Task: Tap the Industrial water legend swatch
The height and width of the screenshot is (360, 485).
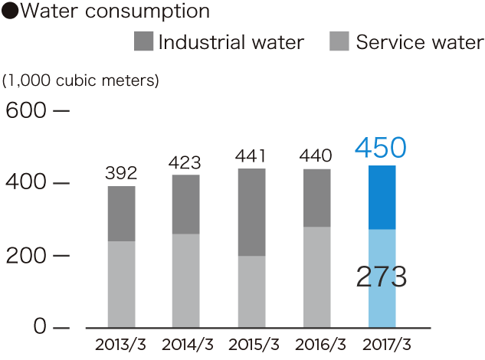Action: point(143,42)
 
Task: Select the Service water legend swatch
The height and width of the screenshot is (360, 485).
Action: point(340,42)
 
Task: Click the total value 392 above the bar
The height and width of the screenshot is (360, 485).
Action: point(121,174)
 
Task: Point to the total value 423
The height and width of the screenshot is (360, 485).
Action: point(186,162)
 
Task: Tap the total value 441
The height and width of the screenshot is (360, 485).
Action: point(251,155)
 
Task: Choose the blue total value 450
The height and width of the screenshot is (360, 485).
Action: point(381,148)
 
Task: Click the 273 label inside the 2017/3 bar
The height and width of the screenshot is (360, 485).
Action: point(381,277)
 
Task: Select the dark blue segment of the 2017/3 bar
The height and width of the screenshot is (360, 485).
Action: point(382,197)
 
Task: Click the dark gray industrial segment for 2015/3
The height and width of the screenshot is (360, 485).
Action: point(251,212)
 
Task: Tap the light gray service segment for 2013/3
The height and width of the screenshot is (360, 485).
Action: point(121,284)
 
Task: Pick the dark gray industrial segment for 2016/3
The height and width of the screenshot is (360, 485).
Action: point(316,198)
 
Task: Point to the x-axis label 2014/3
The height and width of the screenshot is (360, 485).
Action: point(186,342)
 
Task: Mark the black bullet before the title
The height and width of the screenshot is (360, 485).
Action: point(10,12)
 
